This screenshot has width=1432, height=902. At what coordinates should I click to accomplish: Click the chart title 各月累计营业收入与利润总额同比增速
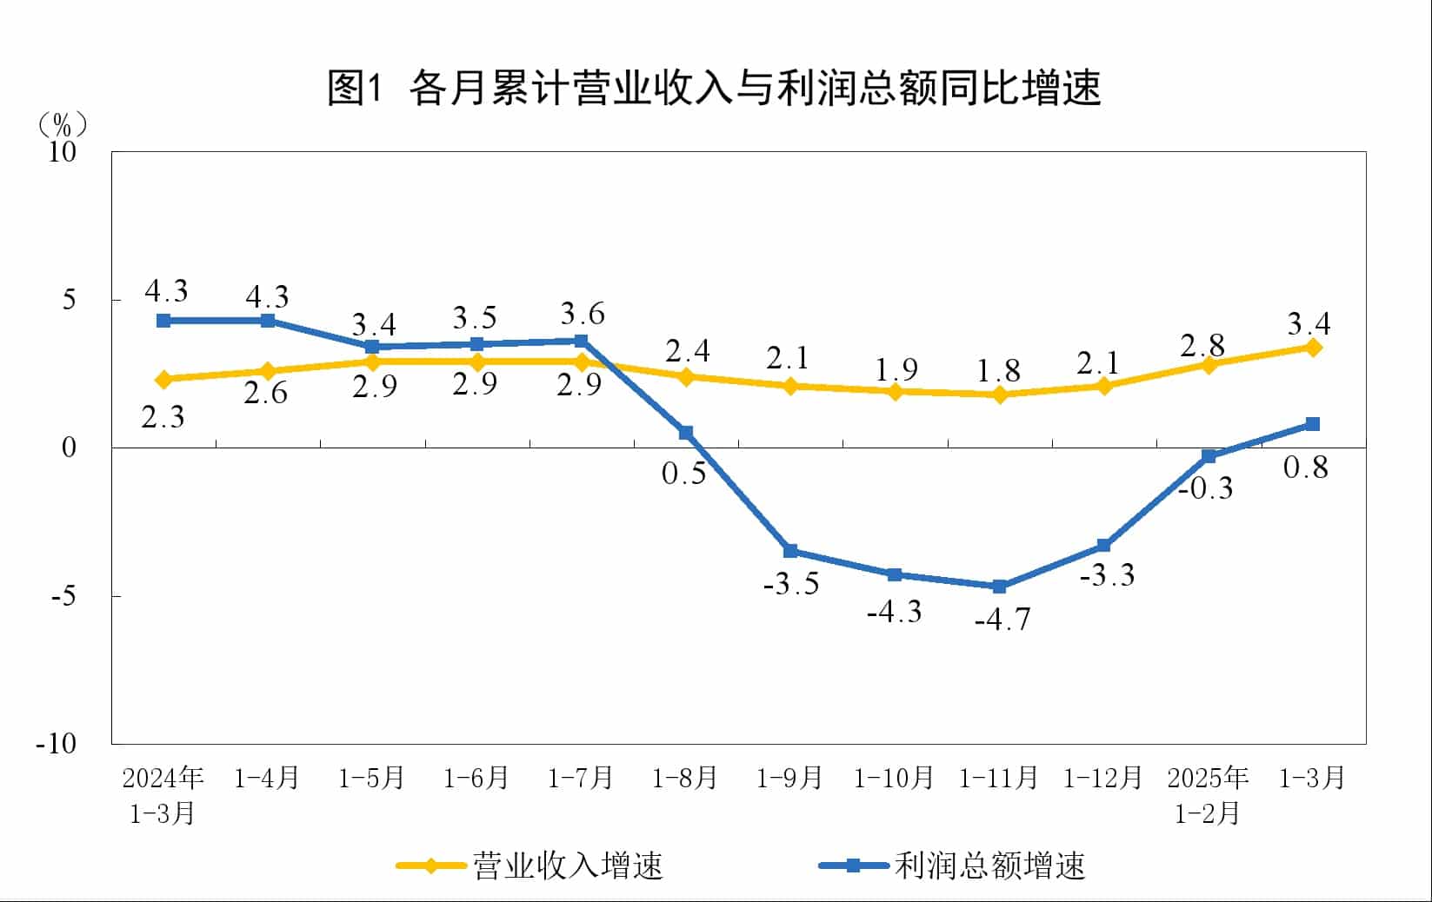[x=715, y=87]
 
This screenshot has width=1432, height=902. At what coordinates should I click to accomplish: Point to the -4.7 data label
[x=1002, y=620]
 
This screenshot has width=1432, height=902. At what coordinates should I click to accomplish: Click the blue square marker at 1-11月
[x=999, y=587]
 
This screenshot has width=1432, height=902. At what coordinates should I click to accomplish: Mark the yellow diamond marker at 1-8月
[x=685, y=377]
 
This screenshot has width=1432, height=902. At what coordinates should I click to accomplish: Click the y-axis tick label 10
[x=63, y=152]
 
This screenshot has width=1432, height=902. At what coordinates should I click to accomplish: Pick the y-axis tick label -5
[x=63, y=596]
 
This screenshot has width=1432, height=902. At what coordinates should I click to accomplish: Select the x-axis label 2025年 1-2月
[x=1207, y=794]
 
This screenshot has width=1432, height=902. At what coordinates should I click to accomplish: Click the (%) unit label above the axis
[x=63, y=125]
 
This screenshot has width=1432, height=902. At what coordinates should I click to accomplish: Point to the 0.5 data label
[x=683, y=474]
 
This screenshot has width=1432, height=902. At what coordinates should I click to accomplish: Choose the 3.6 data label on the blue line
[x=582, y=314]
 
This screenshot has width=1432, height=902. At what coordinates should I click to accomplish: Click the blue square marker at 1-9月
[x=790, y=551]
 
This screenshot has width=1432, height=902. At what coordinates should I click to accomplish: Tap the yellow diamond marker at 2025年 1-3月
[x=1313, y=348]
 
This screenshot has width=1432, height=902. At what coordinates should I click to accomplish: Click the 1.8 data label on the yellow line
[x=997, y=371]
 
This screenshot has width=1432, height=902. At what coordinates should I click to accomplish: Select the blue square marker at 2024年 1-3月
[x=163, y=321]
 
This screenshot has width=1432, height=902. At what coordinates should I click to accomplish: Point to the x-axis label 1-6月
[x=476, y=778]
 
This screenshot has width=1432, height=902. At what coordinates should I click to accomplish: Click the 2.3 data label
[x=163, y=418]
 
